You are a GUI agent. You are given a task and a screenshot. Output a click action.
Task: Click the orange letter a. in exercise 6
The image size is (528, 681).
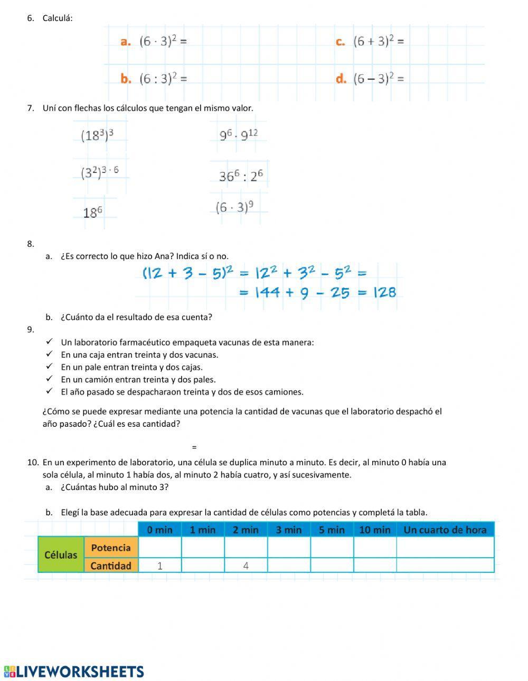(x=125, y=42)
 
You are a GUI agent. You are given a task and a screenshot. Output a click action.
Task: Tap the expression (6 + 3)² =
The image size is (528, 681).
(x=378, y=41)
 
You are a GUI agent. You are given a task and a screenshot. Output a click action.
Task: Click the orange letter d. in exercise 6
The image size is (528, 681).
(x=341, y=79)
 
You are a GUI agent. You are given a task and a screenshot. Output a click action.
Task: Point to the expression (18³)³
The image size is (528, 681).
(x=97, y=135)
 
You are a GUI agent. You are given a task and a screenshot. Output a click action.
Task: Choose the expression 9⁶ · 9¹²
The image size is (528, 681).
(x=239, y=135)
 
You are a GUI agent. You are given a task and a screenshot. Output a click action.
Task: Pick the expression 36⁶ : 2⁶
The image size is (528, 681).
(x=241, y=176)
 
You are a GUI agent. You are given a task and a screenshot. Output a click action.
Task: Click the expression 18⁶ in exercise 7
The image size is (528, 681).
(x=92, y=213)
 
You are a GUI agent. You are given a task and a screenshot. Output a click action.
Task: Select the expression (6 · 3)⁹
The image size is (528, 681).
(x=234, y=207)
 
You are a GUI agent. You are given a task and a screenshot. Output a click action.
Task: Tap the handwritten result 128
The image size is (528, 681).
(x=384, y=292)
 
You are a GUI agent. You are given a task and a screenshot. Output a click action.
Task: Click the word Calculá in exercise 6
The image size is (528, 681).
(x=58, y=18)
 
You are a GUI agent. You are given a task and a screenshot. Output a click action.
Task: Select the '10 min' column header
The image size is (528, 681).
(x=374, y=530)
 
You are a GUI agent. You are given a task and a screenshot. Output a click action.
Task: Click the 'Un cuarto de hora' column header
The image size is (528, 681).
(x=445, y=530)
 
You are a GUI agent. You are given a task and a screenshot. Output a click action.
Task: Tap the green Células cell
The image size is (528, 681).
(x=61, y=555)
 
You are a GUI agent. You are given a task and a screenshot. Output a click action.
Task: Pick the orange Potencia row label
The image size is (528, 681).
(x=110, y=548)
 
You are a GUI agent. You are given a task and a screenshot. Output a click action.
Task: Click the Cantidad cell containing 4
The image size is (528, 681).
(x=246, y=565)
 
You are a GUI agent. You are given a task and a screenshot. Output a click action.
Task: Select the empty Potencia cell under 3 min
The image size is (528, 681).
(x=289, y=548)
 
